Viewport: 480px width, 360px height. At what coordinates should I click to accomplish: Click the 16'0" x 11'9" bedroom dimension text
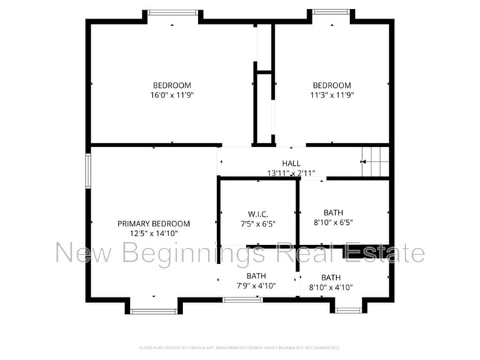click(x=172, y=95)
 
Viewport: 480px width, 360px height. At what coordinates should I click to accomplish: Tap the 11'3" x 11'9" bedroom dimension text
click(x=330, y=95)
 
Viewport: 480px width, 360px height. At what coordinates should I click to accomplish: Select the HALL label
click(x=291, y=164)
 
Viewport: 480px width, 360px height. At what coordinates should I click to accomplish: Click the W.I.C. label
click(x=258, y=214)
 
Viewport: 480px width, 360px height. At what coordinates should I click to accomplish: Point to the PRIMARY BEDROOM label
click(x=154, y=224)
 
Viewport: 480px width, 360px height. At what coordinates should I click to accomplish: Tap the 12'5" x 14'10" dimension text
click(x=154, y=233)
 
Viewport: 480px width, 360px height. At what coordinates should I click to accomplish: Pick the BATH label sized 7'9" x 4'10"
click(x=256, y=276)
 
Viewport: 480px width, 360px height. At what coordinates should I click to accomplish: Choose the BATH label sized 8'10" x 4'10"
click(x=331, y=277)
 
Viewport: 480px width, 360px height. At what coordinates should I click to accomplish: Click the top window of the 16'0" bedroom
click(x=173, y=12)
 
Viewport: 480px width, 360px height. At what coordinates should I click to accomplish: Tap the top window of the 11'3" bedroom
click(x=331, y=12)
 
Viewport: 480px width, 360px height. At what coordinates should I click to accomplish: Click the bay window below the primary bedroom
click(x=154, y=311)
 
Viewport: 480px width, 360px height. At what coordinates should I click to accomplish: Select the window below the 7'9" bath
click(x=242, y=299)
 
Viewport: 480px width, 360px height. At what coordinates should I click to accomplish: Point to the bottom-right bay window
click(x=347, y=310)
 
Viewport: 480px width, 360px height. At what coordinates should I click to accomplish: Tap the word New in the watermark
click(x=81, y=254)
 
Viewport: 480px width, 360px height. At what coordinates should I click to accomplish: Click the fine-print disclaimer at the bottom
click(x=240, y=347)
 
